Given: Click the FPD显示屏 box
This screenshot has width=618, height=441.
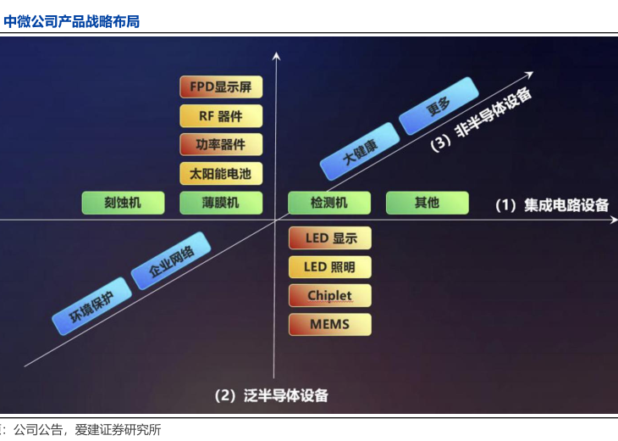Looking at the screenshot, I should (x=221, y=87).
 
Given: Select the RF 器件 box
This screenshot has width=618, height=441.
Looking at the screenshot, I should (x=221, y=115).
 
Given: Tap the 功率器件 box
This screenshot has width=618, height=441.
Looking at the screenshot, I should (x=221, y=144).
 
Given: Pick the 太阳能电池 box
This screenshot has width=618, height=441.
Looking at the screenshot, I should (x=221, y=174).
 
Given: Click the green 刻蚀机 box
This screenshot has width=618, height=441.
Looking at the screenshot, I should (x=123, y=203).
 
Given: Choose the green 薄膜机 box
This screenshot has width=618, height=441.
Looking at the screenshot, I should (x=221, y=203).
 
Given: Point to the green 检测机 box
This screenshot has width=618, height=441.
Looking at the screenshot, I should (x=329, y=203).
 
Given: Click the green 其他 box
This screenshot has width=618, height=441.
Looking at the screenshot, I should (x=427, y=203).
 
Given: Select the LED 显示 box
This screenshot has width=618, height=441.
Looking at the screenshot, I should (x=330, y=238).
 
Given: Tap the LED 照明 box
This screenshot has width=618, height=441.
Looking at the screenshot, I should (x=330, y=268).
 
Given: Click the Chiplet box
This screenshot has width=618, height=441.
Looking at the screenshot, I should (x=330, y=296).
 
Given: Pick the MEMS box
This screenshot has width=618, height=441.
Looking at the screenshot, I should (x=330, y=324).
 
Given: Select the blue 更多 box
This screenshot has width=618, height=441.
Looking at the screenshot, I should (x=439, y=106).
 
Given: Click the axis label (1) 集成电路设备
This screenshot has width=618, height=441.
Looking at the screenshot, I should (x=552, y=205).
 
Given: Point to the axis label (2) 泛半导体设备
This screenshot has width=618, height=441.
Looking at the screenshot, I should (x=271, y=395).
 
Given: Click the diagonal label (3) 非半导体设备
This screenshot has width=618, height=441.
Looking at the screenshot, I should (x=482, y=120).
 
